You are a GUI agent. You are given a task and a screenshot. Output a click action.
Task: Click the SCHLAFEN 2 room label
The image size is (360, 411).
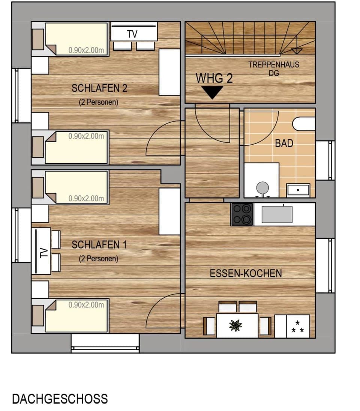[99, 88]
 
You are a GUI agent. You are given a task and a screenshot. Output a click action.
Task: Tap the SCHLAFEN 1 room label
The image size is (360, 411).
[99, 245]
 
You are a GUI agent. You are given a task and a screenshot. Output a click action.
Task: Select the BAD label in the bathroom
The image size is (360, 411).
[284, 143]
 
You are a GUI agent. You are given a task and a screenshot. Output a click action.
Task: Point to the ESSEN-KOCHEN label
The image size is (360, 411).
[246, 273]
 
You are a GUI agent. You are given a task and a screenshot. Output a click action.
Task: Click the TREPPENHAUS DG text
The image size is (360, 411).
[274, 69]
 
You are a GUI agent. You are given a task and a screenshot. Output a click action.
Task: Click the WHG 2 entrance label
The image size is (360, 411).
[214, 78]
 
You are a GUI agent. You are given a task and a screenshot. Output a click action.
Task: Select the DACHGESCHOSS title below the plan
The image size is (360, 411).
[60, 399]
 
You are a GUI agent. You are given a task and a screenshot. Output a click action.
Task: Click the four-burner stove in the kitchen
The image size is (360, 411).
[242, 214]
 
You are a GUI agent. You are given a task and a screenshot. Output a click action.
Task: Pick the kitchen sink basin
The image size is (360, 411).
[277, 214]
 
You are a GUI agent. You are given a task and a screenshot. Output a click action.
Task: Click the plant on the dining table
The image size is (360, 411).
[236, 325]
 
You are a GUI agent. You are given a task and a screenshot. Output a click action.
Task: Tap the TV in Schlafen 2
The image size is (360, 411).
[133, 33]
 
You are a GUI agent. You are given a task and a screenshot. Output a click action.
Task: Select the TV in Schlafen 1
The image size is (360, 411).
[42, 251]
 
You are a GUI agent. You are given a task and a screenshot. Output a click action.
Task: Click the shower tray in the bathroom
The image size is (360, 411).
[298, 190]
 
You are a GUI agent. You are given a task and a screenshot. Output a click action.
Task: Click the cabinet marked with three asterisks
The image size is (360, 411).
[298, 326]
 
